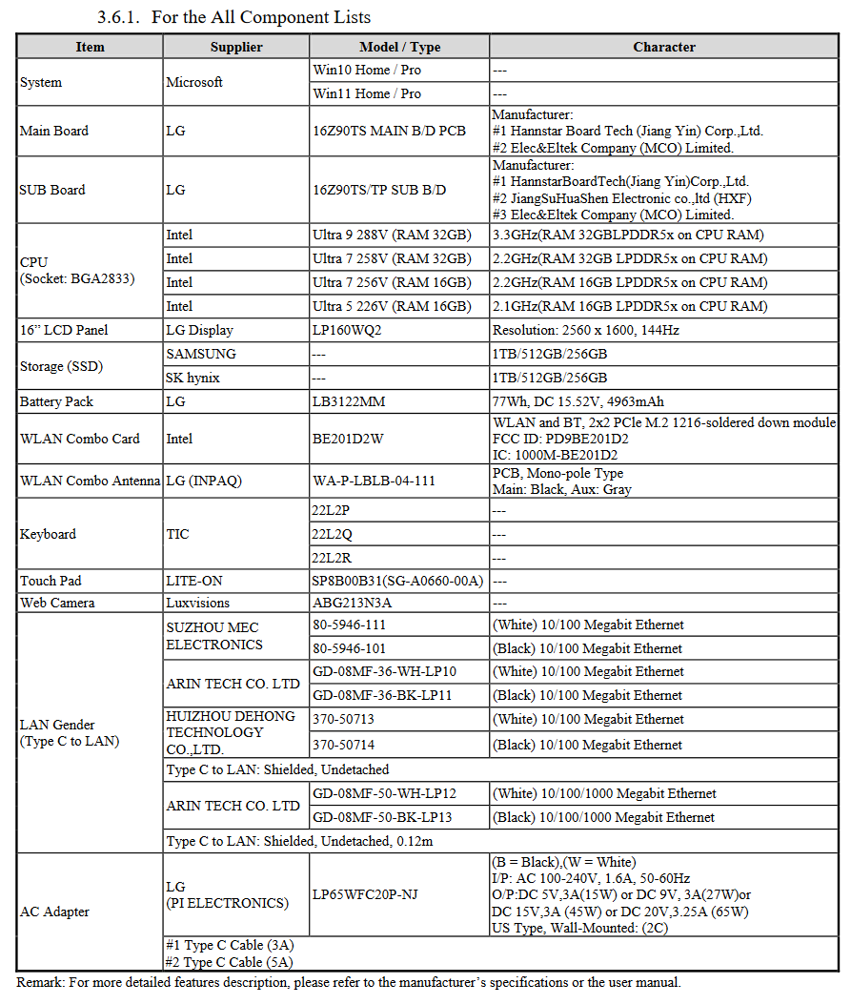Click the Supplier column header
[236, 47]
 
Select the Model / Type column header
[399, 47]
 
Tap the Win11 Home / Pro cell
[367, 93]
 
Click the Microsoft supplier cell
[194, 82]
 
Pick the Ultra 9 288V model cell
[392, 235]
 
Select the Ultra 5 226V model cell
[392, 306]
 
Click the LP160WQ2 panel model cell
[350, 330]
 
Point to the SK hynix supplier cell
[193, 378]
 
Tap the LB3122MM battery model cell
[349, 401]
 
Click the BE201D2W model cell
[348, 439]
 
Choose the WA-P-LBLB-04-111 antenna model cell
[374, 481]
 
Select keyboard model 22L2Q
[333, 534]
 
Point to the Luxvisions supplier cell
[198, 603]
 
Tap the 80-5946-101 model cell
[350, 648]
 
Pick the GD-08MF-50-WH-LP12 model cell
[384, 793]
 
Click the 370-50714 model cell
[344, 745]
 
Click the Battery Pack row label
[56, 401]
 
